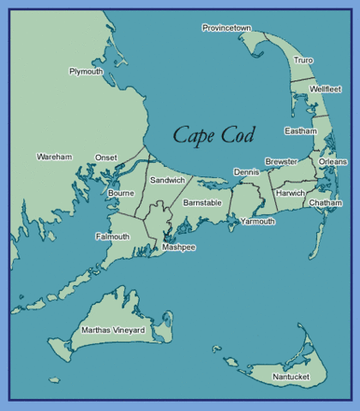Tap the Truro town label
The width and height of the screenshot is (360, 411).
point(303,61)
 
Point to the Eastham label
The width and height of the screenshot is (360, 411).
point(300,131)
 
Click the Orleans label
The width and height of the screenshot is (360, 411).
point(333,161)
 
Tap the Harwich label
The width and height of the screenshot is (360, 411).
point(291,194)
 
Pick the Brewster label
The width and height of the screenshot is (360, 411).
point(281,161)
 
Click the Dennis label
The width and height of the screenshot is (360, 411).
point(246,172)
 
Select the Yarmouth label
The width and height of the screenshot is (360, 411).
point(258,221)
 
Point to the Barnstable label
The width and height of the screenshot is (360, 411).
point(202,203)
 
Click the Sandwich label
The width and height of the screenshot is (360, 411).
point(167,181)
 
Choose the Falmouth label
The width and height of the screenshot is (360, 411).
point(112,236)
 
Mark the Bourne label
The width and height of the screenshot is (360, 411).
point(121,194)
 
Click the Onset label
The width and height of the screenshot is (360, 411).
point(106,158)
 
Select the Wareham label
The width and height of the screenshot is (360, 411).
point(54,158)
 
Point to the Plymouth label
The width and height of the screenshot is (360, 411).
point(86,72)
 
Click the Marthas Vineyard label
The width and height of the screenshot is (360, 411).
point(112,330)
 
